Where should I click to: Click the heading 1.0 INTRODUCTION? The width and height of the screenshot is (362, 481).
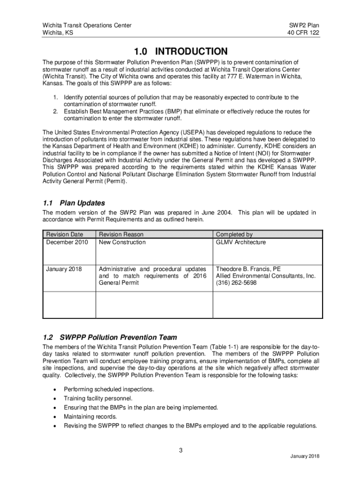(x=181, y=51)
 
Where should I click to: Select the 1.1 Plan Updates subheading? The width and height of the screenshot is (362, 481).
(x=73, y=203)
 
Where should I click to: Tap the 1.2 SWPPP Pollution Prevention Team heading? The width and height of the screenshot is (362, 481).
(x=110, y=337)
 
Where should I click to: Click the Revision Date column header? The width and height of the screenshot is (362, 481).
(x=64, y=234)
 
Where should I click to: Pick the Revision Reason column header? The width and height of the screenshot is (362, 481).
(x=121, y=234)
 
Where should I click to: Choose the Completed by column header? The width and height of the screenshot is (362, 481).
(x=234, y=234)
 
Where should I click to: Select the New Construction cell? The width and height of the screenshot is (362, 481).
(x=122, y=242)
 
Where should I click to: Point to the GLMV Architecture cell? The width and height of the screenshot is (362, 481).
(x=241, y=242)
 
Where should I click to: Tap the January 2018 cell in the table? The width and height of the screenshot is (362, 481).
(x=64, y=269)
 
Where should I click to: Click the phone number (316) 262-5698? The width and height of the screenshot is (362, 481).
(x=236, y=283)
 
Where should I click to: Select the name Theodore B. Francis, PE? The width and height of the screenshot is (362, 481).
(x=248, y=269)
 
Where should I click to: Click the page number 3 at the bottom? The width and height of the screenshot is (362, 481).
(x=181, y=450)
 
